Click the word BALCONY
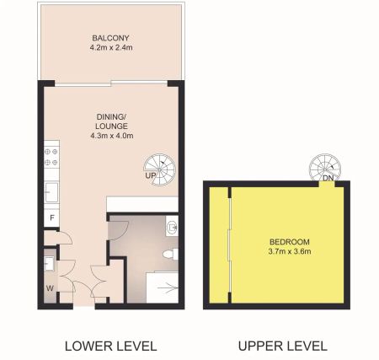coord(109,38)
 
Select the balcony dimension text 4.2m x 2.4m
coord(109,49)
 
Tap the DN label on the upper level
coord(328,179)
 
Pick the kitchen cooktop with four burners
coord(51,158)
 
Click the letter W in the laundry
coord(50,288)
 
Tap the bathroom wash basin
coord(173,225)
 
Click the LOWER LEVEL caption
coord(110,346)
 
